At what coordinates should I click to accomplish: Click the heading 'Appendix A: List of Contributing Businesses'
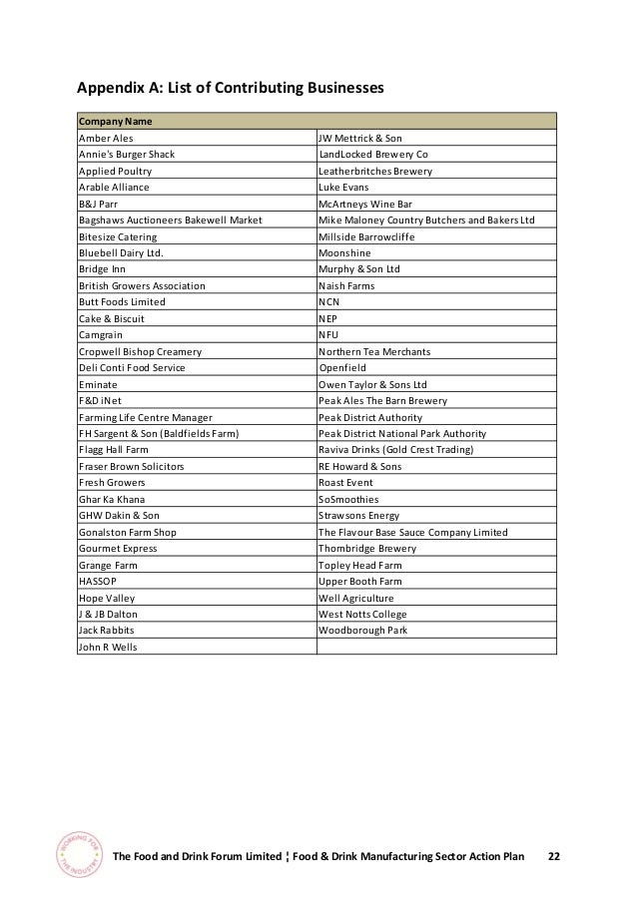(231, 89)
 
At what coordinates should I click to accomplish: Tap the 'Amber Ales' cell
(106, 138)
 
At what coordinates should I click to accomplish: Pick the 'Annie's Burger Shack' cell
(127, 155)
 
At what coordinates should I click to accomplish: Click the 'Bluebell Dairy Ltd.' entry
(119, 252)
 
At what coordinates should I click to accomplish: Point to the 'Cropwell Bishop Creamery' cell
(140, 351)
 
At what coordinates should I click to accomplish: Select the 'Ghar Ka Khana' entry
(110, 499)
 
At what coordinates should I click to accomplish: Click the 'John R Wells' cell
(108, 647)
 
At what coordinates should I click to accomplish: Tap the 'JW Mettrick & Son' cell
(359, 138)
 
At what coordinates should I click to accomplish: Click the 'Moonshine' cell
(344, 252)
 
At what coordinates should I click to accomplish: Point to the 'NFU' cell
(328, 335)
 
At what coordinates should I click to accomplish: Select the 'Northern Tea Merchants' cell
(374, 351)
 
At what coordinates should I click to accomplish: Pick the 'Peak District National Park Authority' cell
(401, 433)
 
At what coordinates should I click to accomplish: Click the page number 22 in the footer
(554, 857)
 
